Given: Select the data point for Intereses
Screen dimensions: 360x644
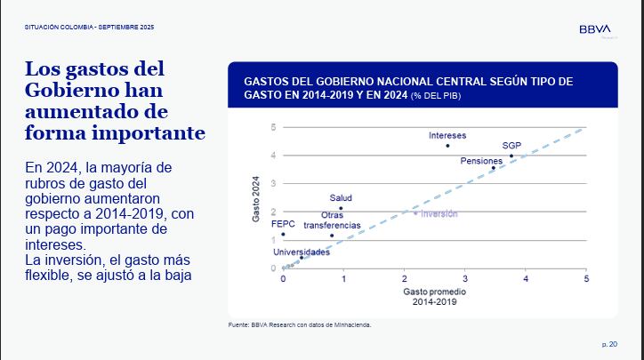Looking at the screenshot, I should (447, 146).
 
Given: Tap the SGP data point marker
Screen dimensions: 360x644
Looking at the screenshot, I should (511, 156).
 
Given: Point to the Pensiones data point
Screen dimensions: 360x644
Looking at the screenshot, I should (494, 168).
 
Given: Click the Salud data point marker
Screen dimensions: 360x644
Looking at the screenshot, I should (341, 208).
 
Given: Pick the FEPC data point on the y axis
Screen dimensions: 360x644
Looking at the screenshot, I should (283, 235).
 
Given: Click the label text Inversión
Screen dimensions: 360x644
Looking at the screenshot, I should (439, 213).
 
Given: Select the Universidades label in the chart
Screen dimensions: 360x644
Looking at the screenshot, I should (302, 252).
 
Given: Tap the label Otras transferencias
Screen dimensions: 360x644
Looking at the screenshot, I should (332, 220).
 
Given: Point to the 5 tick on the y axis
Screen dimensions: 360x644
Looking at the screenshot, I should (273, 127).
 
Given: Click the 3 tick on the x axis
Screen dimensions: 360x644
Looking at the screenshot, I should (464, 279).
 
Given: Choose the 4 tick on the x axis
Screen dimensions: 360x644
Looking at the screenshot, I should (525, 279).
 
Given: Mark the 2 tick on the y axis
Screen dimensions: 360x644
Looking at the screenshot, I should (273, 212).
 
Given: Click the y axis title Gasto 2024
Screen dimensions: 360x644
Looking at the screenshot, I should (254, 200).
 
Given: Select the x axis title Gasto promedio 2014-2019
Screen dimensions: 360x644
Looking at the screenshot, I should (433, 296).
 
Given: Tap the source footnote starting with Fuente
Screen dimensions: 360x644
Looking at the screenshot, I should (300, 324).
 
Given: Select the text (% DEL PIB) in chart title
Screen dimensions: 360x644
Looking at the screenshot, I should (436, 94).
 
